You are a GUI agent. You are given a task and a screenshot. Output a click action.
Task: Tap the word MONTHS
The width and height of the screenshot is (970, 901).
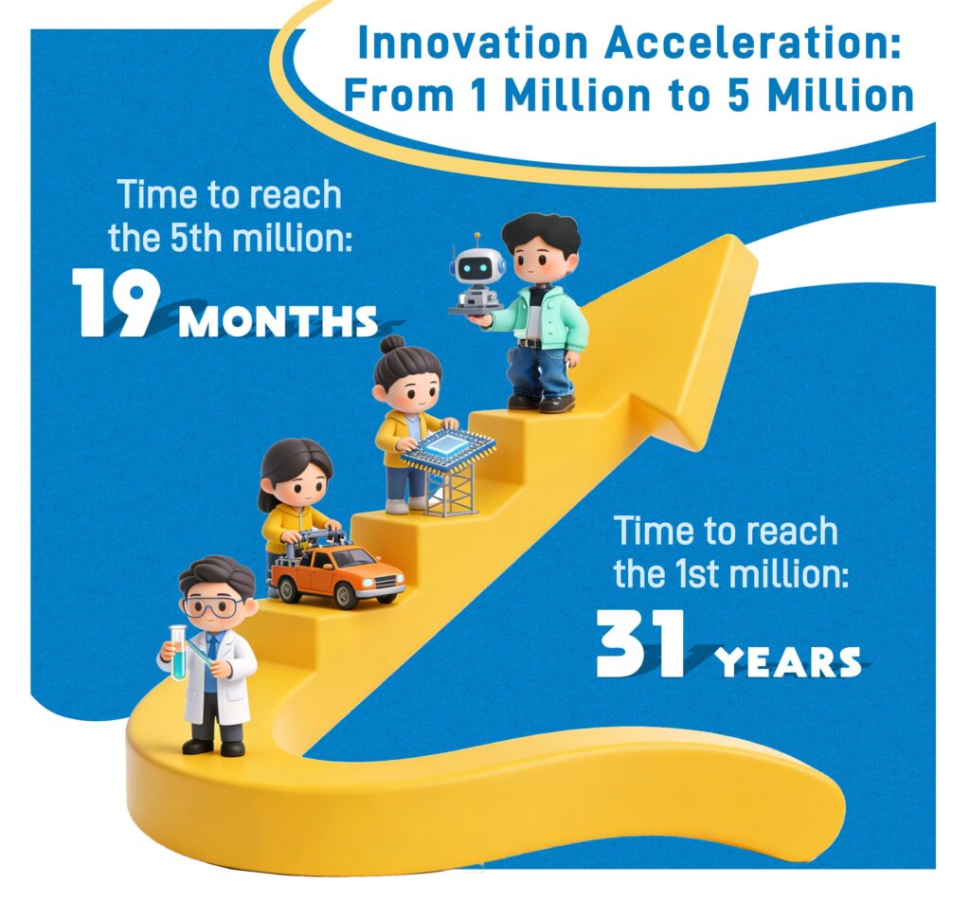(x=278, y=322)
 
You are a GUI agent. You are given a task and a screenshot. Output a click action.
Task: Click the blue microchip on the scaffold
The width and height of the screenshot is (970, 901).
(x=449, y=448)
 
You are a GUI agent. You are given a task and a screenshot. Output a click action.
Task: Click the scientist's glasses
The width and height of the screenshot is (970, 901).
(x=211, y=607)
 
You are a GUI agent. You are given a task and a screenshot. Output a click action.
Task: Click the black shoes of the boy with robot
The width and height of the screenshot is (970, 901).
(x=541, y=402)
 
